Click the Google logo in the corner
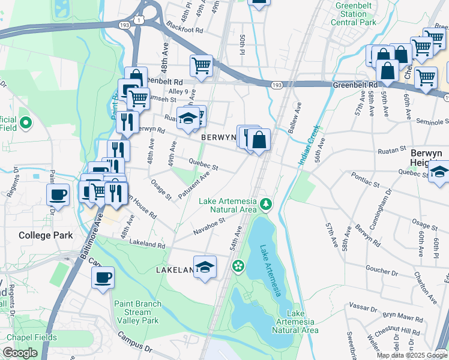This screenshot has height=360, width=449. pyautogui.click(x=20, y=353)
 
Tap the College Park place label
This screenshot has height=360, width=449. pyautogui.click(x=45, y=235)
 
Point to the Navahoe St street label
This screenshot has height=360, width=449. pyautogui.click(x=208, y=226)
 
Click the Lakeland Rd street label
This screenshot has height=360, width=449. pyautogui.click(x=145, y=245)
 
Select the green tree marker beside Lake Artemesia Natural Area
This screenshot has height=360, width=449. pyautogui.click(x=265, y=206)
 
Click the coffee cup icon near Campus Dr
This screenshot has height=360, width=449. pyautogui.click(x=103, y=277)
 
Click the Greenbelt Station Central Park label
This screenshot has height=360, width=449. pyautogui.click(x=355, y=14)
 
